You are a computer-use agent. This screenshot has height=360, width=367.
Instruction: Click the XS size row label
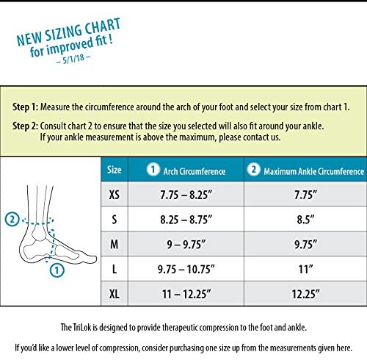coord(115,195)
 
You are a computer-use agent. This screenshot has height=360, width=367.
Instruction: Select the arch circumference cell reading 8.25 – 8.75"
coord(186,220)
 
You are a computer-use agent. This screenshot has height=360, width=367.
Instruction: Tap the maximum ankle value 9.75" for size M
coord(305,244)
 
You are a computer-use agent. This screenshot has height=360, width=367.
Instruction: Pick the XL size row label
coord(115,294)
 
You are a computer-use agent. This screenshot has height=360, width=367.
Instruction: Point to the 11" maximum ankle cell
coord(305,269)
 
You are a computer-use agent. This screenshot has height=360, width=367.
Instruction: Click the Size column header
coord(115,170)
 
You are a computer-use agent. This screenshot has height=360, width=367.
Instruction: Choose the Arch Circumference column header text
coord(195,171)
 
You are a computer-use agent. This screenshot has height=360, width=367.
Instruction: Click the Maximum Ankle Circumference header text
coord(314,171)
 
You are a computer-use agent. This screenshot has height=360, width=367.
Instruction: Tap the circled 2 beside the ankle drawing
coord(12,219)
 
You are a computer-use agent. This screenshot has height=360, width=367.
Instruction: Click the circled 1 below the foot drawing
coord(57,270)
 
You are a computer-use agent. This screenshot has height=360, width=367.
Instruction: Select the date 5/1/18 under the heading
coord(73,59)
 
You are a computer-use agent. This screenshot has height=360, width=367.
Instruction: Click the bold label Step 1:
coord(26,107)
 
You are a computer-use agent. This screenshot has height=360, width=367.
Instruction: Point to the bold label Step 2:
coord(26,126)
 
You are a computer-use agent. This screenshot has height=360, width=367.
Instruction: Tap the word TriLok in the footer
coord(82,327)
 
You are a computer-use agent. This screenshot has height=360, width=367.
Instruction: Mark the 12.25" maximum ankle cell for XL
coord(305,294)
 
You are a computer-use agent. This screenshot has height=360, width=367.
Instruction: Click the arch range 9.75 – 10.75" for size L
coord(186,269)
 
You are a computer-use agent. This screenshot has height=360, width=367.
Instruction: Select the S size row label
coord(115,220)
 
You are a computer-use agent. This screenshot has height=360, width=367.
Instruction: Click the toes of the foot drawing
coord(90,259)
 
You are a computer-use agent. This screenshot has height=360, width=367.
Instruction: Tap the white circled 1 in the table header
coord(153,169)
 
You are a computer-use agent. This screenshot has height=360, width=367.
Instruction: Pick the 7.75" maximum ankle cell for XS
coord(305,195)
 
